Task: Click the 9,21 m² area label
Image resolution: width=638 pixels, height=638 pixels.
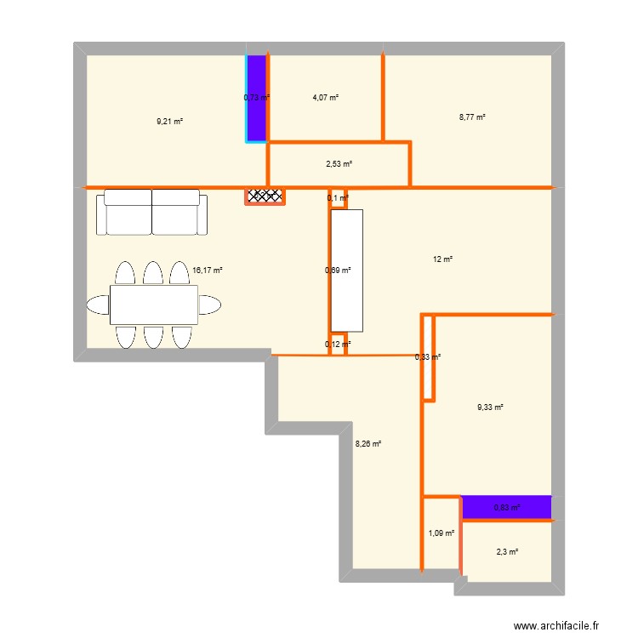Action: (169, 121)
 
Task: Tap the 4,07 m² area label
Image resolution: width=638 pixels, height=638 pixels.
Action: (326, 98)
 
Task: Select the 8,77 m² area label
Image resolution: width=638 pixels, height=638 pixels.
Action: (472, 117)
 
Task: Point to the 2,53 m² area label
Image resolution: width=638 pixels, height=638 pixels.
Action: (339, 164)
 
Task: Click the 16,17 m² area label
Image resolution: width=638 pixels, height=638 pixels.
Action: (208, 271)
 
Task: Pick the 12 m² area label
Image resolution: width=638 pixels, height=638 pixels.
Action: (443, 259)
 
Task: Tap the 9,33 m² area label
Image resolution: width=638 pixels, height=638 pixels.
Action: (490, 407)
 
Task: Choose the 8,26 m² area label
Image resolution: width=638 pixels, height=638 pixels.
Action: (367, 442)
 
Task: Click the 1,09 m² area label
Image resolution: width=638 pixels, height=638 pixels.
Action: (441, 533)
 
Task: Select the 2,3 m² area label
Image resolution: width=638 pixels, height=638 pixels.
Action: (507, 552)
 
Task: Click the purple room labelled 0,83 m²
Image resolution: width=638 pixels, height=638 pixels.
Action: (507, 508)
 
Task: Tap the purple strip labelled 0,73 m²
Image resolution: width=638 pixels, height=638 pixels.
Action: (257, 98)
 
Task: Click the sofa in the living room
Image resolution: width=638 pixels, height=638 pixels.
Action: (152, 214)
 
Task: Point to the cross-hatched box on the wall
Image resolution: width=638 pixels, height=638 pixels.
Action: (265, 197)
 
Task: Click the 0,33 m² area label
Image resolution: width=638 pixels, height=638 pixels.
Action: (428, 357)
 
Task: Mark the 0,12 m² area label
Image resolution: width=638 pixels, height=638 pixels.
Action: (338, 345)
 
